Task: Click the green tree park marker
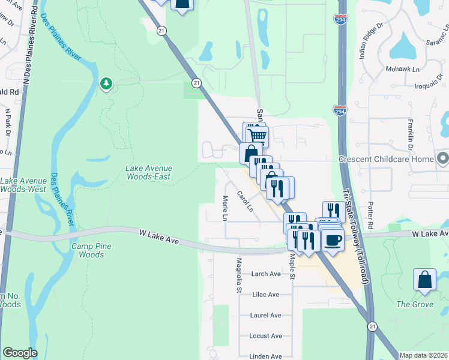[106, 83]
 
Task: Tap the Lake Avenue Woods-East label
[148, 172]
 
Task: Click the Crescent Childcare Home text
[385, 159]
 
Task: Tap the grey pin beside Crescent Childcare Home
[443, 158]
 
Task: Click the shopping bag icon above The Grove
[424, 279]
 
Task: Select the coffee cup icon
[333, 240]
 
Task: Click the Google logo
[20, 353]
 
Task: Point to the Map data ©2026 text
[423, 355]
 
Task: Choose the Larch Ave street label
[266, 274]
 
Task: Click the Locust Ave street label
[266, 336]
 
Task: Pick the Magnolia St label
[238, 275]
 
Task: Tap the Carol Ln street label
[245, 201]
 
